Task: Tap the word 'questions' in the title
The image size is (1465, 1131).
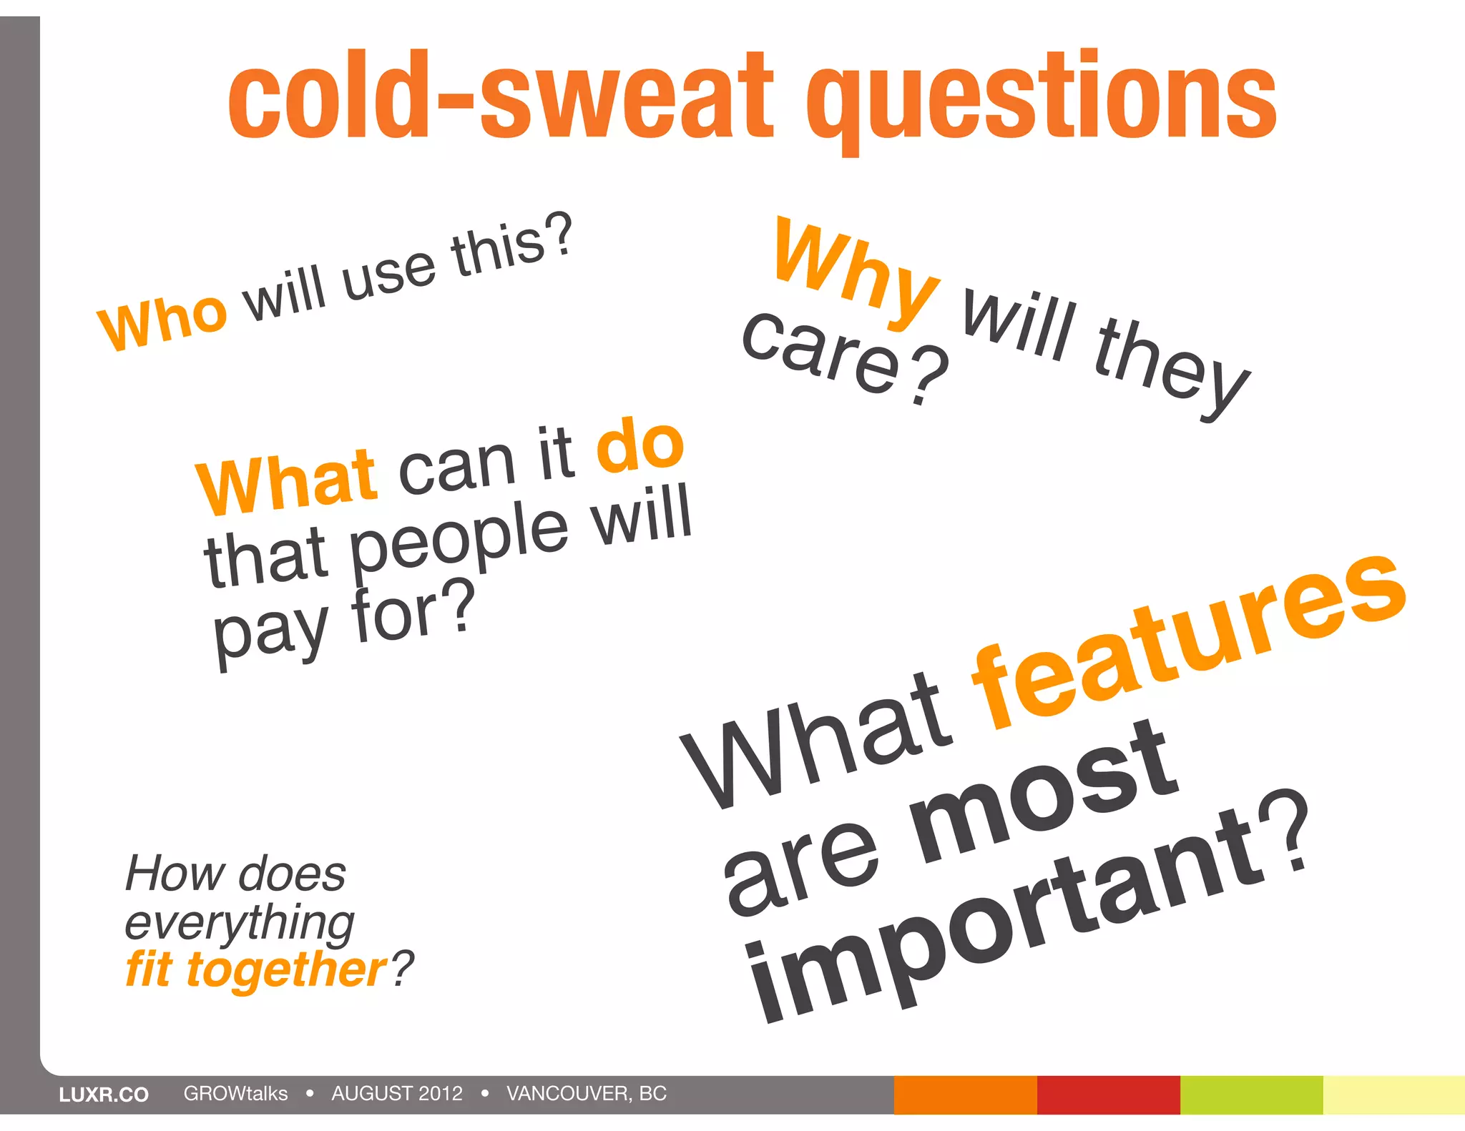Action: [x=1041, y=100]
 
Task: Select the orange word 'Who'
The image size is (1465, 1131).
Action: [x=164, y=321]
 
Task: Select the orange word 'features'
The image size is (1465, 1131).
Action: [x=1187, y=643]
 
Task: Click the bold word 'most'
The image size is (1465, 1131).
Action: [x=1044, y=794]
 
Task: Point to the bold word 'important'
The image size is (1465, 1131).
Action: [x=1001, y=922]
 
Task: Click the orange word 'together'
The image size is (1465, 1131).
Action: [x=286, y=970]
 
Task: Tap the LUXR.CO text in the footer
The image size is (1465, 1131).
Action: [x=104, y=1095]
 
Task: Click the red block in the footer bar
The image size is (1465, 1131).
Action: [x=1108, y=1095]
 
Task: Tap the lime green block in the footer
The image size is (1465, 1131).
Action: [x=1251, y=1095]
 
